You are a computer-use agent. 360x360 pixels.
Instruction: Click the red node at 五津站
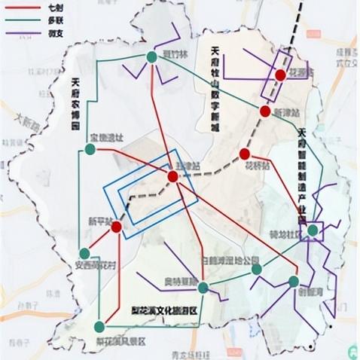click(x=173, y=176)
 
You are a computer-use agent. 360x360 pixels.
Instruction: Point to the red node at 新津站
click(x=264, y=111)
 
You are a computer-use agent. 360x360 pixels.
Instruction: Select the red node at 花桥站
click(x=244, y=154)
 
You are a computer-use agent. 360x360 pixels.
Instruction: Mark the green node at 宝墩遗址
click(x=90, y=149)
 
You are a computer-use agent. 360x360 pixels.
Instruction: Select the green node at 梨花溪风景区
click(x=99, y=326)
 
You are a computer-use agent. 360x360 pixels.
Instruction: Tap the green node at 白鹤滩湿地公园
click(x=257, y=269)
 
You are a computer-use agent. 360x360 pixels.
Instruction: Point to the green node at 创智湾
click(x=293, y=282)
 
